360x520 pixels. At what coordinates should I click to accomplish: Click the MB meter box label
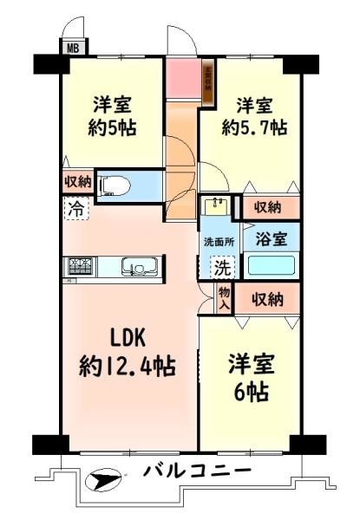pos(70,49)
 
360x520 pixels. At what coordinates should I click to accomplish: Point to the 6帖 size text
pos(249,389)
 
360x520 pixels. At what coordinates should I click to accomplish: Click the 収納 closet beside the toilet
pos(77,183)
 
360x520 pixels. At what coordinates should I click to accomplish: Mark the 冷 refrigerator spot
pos(77,208)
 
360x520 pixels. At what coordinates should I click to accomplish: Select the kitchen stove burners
pos(77,267)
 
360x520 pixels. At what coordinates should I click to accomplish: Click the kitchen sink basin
pos(137,267)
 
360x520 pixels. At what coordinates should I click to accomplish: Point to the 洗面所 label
pos(217,240)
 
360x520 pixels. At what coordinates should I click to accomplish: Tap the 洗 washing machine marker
pos(221,268)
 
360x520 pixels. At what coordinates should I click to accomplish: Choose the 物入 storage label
pos(224,298)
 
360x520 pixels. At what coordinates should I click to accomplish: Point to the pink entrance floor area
pos(184,79)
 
